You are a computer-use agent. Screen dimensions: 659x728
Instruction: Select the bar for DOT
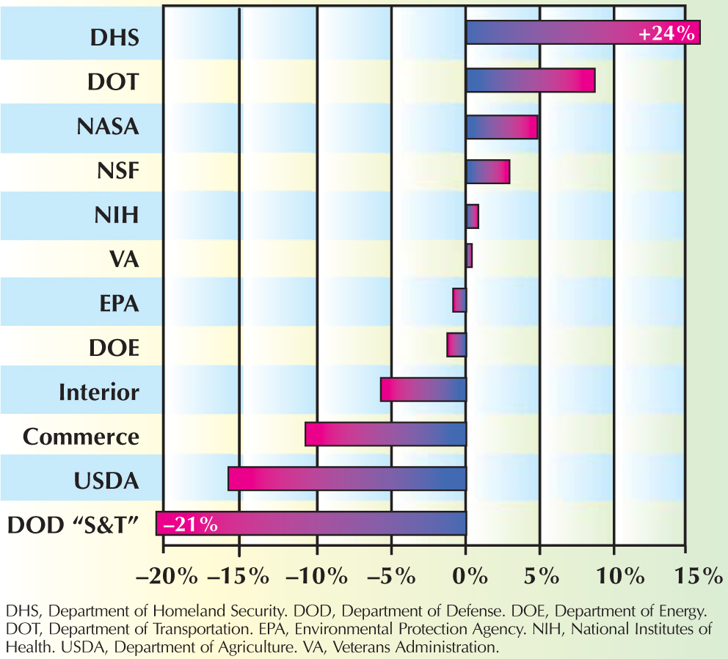pyautogui.click(x=530, y=81)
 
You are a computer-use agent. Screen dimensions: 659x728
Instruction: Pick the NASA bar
pyautogui.click(x=501, y=127)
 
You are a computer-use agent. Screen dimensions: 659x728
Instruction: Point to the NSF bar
pyautogui.click(x=487, y=172)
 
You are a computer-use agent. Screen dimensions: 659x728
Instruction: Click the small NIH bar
pyautogui.click(x=473, y=217)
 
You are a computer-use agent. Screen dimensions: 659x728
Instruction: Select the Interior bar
pyautogui.click(x=423, y=390)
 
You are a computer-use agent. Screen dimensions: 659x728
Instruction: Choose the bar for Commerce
pyautogui.click(x=385, y=434)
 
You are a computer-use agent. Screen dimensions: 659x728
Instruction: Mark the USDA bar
pyautogui.click(x=346, y=478)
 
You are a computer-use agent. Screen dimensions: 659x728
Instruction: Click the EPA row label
pyautogui.click(x=118, y=302)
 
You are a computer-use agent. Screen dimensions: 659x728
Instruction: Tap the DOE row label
pyautogui.click(x=117, y=347)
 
